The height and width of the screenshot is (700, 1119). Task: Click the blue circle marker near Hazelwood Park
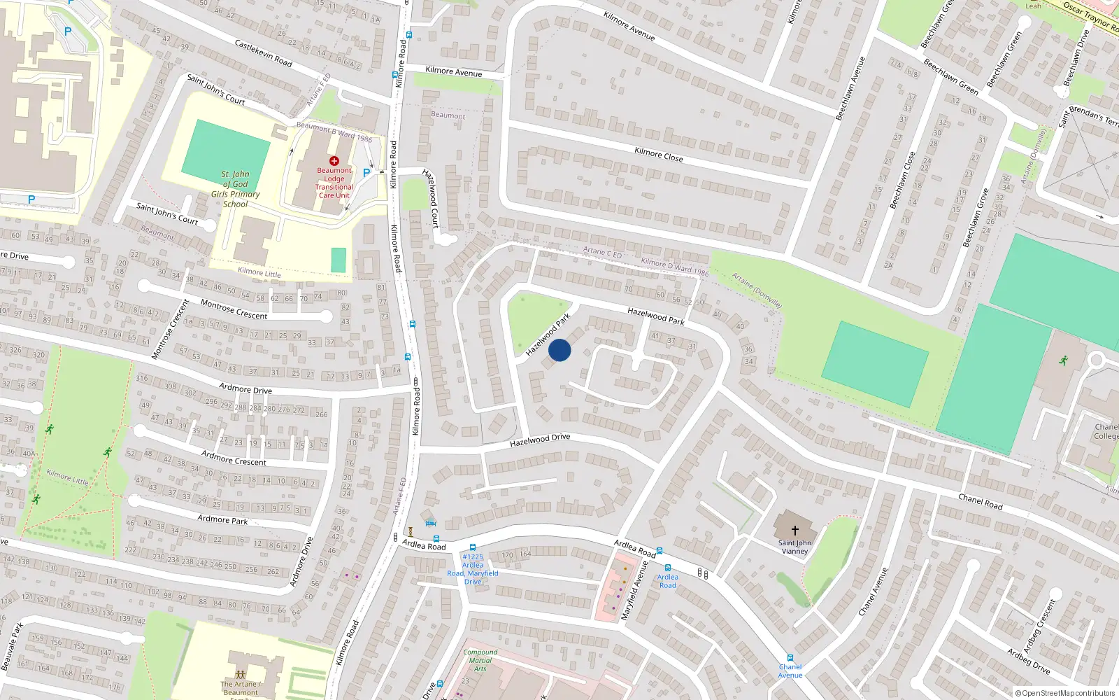point(559,350)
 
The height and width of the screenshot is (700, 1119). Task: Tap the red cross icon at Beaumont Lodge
point(334,161)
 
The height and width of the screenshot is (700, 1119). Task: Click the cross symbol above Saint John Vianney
point(794,531)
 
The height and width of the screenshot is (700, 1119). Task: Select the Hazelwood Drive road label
point(540,440)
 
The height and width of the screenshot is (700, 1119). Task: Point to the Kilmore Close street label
point(658,154)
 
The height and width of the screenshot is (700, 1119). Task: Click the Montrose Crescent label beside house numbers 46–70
point(234,309)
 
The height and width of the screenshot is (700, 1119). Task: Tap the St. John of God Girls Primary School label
point(236,189)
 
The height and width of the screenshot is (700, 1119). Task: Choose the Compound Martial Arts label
point(480,660)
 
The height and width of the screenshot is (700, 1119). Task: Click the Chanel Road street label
point(980,501)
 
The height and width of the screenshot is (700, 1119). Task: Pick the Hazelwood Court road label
point(431,198)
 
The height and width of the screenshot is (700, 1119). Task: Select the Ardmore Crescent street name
point(234,458)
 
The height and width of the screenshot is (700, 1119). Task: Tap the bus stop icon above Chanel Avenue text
point(790,658)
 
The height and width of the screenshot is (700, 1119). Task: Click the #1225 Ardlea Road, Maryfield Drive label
point(473,569)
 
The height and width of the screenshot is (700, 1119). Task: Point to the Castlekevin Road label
point(263,53)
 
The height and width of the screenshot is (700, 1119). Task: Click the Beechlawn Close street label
point(902,181)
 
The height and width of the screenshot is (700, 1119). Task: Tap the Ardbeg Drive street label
point(1028,661)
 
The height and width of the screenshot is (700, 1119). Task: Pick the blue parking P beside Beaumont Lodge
point(366,172)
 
